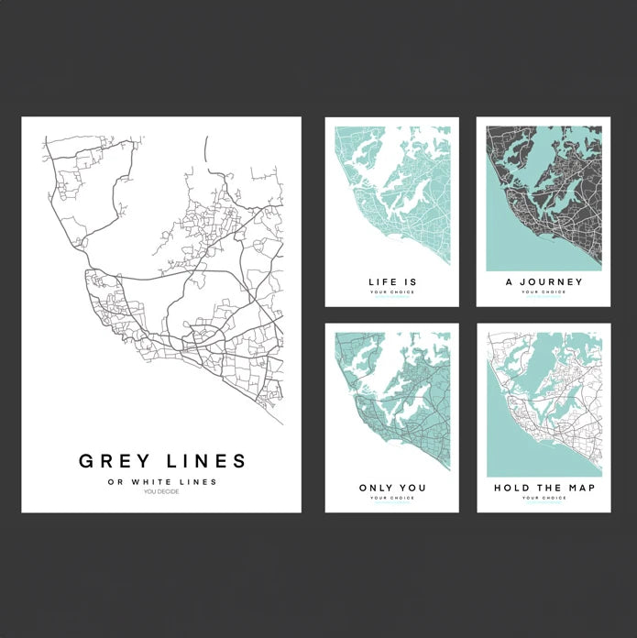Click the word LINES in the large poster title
(x=204, y=461)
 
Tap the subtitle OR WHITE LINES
(x=161, y=482)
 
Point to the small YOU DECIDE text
(x=161, y=492)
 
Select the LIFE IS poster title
(x=391, y=282)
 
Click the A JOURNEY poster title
(x=544, y=282)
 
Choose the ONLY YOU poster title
(x=391, y=488)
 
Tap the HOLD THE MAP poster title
(x=544, y=488)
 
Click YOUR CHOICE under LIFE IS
(x=391, y=292)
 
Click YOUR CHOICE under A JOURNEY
(x=544, y=292)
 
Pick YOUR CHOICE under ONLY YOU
(x=391, y=498)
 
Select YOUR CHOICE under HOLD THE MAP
(x=544, y=498)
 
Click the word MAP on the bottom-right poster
(x=581, y=488)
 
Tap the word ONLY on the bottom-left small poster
(x=375, y=488)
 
